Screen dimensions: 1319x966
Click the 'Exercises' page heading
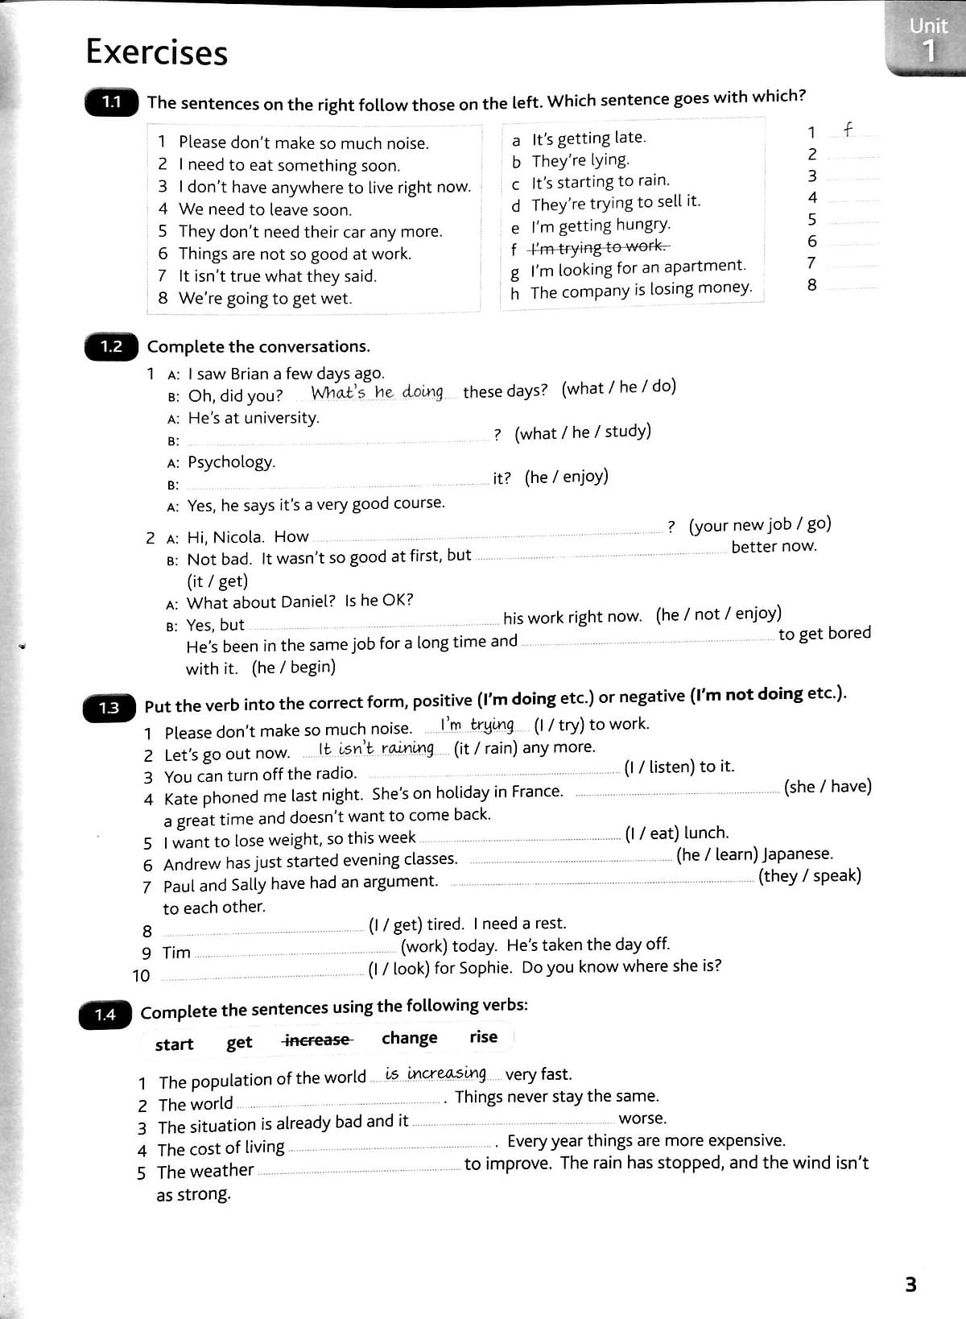tap(156, 52)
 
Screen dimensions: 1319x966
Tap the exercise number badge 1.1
tap(111, 102)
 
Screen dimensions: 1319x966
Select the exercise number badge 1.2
tap(111, 347)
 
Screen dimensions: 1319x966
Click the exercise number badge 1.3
tap(109, 708)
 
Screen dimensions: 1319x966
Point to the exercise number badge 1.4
tap(105, 1015)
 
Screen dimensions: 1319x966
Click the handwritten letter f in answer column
tap(847, 129)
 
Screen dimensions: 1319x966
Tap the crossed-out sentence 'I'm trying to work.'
tap(599, 246)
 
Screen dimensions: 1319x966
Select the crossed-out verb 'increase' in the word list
tap(316, 1040)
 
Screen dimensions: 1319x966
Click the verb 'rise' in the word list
tap(483, 1037)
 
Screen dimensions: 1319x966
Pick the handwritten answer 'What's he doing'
tap(377, 392)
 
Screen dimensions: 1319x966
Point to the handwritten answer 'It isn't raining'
tap(376, 748)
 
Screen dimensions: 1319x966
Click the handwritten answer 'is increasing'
tap(435, 1073)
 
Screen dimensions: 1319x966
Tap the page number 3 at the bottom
tap(910, 1284)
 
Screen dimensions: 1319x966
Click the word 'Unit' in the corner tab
tap(927, 26)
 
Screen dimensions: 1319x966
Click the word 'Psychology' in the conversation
tap(231, 461)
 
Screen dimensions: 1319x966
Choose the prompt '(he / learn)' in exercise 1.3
tap(716, 854)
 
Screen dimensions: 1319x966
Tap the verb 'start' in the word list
tap(174, 1044)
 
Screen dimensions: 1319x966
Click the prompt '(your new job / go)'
tap(760, 524)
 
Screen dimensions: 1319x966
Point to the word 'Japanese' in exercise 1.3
tap(797, 854)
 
